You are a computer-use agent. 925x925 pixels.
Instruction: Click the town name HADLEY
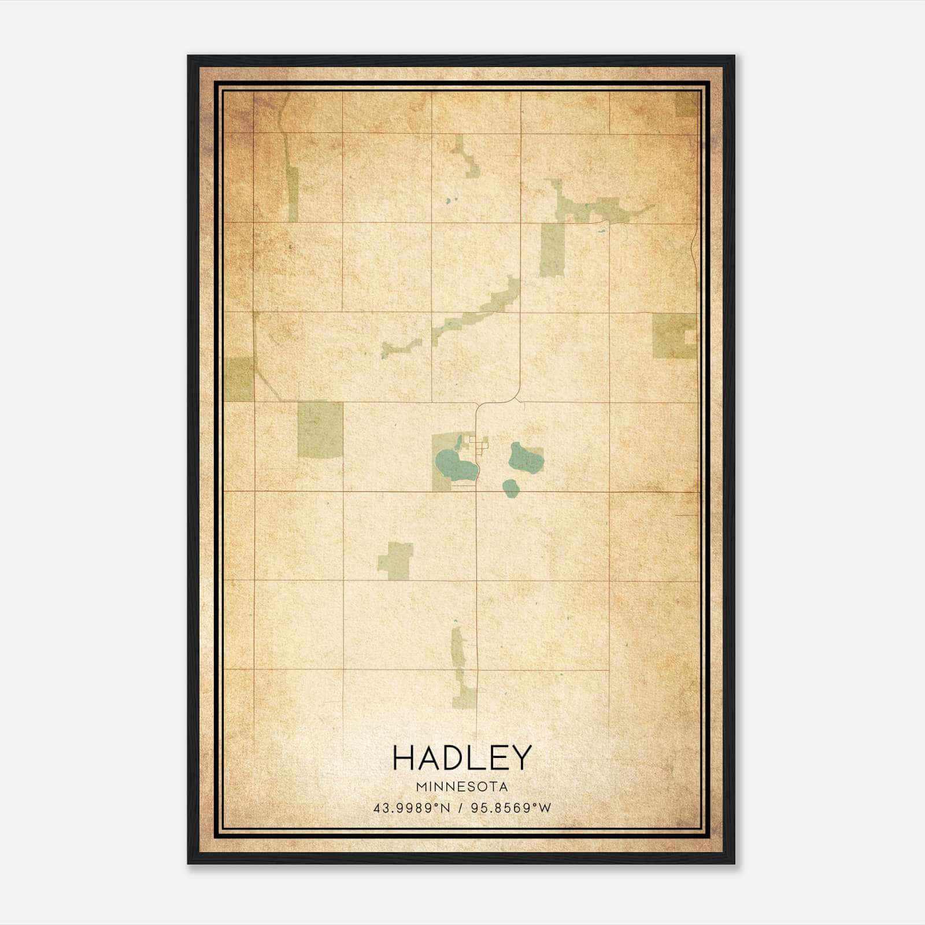pyautogui.click(x=461, y=758)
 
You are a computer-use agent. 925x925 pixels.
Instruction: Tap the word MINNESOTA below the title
pyautogui.click(x=461, y=786)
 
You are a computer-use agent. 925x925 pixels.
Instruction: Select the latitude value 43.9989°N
pyautogui.click(x=412, y=808)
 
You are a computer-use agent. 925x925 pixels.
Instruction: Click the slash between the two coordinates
pyautogui.click(x=461, y=808)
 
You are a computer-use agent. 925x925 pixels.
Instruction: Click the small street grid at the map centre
pyautogui.click(x=479, y=443)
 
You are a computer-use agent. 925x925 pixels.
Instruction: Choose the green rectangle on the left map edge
pyautogui.click(x=238, y=379)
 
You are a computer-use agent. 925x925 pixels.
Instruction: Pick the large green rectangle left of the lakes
pyautogui.click(x=319, y=429)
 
